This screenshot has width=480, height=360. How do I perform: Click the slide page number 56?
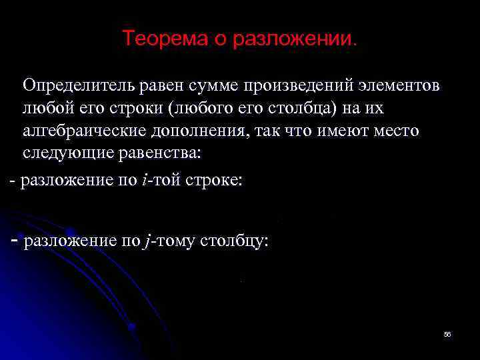tap(447, 334)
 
